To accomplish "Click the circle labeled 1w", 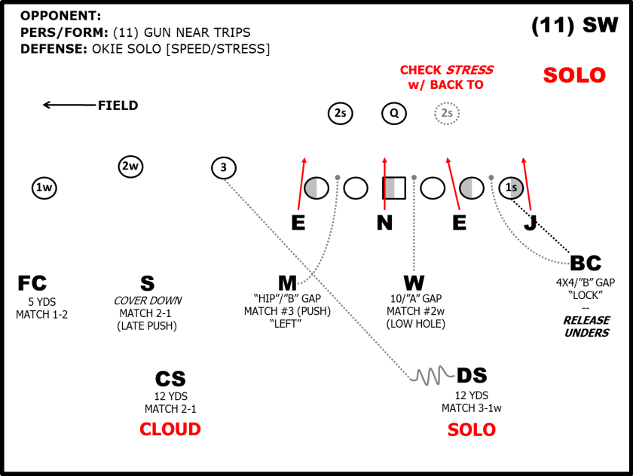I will pos(44,187).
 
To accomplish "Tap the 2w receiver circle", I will pos(130,166).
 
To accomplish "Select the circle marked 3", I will pos(223,167).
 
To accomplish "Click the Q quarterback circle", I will pos(393,114).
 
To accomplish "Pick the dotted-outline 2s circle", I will pos(447,114).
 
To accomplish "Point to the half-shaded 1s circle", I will pos(511,188).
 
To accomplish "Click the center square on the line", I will pos(394,188).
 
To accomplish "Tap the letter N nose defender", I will pos(385,222).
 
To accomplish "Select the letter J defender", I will pos(530,222).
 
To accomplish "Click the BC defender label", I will pos(586,263).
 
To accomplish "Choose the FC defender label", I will pos(32,283).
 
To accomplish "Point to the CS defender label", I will pos(170,379).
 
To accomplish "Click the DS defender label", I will pos(472,375).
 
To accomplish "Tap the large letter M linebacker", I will pos(287,283).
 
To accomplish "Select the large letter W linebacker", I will pos(414,283).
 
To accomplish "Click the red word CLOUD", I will pos(170,429).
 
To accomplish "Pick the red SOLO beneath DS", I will pos(472,430).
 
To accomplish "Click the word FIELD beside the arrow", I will pos(118,105).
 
